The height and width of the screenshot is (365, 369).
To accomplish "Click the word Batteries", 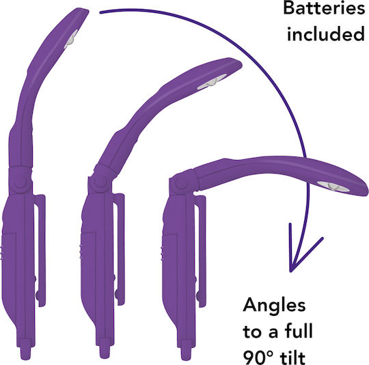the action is [x=324, y=8].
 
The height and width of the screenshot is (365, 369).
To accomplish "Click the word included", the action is [x=326, y=33].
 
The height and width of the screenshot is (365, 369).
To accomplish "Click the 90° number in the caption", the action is [x=258, y=357].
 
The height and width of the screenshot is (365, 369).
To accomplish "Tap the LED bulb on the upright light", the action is [x=70, y=39].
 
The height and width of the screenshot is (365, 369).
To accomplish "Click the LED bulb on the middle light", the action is [x=211, y=83].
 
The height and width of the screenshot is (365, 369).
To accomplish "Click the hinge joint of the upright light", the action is [x=20, y=180].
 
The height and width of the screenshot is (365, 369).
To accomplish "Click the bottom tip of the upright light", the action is [x=25, y=353].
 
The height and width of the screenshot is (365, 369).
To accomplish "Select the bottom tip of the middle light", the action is [x=105, y=352].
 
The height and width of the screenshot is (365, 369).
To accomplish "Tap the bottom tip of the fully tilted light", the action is [x=187, y=353].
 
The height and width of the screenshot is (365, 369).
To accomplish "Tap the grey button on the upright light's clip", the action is [x=37, y=295].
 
